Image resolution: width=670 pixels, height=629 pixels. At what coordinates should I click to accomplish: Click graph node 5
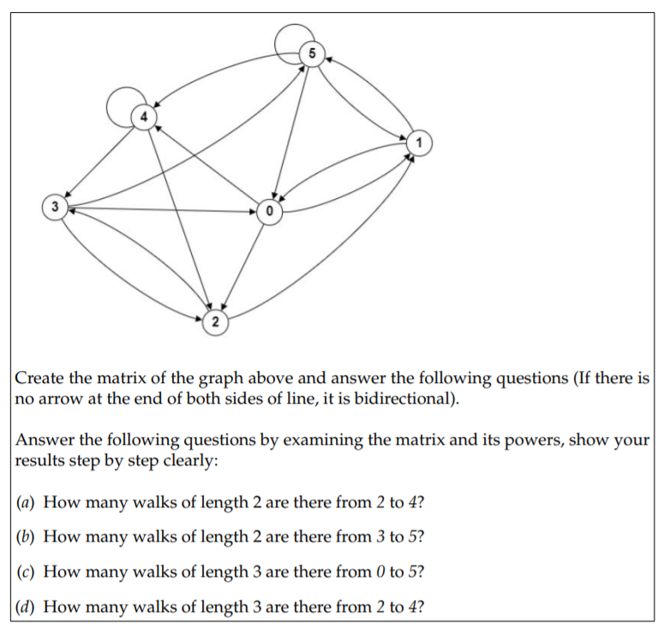tap(312, 54)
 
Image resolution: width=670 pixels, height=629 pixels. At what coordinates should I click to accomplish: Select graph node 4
tap(145, 116)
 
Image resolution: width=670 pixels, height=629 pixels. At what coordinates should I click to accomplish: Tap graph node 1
tap(418, 141)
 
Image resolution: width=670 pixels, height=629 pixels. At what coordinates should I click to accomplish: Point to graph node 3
tap(55, 207)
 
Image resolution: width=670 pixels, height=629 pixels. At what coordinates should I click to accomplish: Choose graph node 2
tap(214, 323)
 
